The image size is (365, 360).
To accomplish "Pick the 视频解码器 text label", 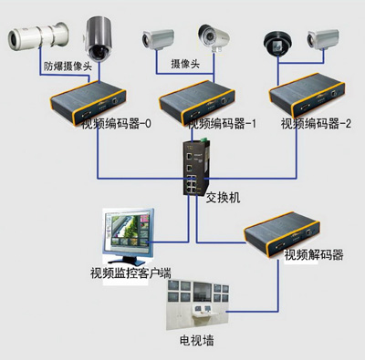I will click(x=314, y=255).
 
